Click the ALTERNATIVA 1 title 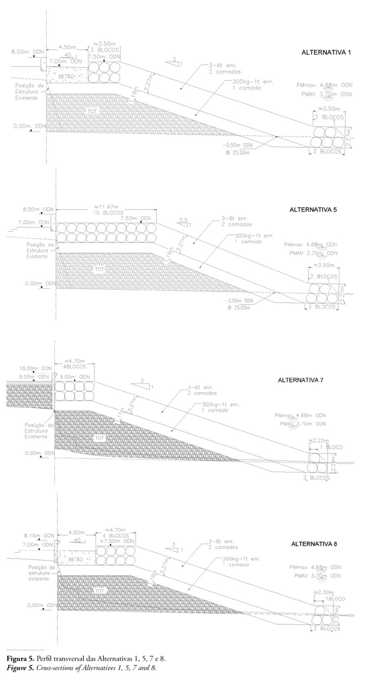pos(326,53)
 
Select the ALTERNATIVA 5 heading pos(313,210)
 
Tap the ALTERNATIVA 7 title pos(301,380)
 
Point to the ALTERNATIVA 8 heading pos(314,544)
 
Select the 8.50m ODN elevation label pos(38,210)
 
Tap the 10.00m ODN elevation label pos(36,368)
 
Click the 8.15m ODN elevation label pos(38,536)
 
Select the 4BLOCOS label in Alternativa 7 pos(75,367)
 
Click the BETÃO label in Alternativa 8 pos(76,559)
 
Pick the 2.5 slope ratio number pos(183,220)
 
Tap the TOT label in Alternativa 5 pos(99,269)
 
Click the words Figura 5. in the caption pos(21,658)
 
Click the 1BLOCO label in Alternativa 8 pos(335,599)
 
